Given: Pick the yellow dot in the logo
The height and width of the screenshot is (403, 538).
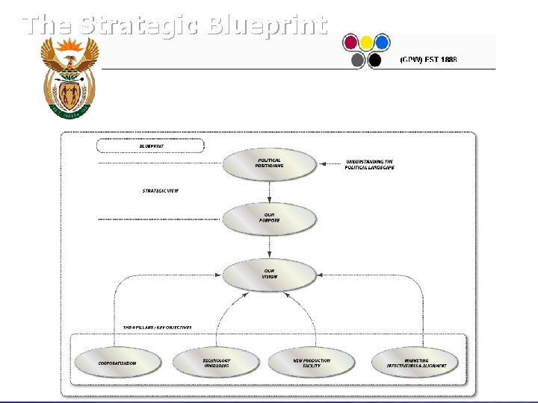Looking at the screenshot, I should click(366, 42).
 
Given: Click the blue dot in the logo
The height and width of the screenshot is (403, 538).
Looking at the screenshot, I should click(382, 42).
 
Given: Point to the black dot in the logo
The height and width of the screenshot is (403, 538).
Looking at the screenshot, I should click(374, 60).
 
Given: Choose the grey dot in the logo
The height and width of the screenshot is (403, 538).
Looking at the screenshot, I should click(358, 60).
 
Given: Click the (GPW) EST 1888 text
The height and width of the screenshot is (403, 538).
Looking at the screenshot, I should click(429, 59).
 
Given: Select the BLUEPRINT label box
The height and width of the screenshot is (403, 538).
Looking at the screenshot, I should click(150, 146).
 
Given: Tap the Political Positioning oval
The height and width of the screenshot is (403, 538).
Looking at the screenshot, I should click(269, 164).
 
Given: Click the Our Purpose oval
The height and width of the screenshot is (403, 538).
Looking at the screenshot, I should click(269, 219).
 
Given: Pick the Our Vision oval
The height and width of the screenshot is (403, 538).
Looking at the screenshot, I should click(269, 274).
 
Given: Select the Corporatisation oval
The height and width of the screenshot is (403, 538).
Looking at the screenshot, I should click(118, 363).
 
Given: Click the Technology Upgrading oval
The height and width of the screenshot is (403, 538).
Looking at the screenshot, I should click(217, 363).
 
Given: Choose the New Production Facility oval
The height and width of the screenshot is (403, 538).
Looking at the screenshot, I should click(312, 363).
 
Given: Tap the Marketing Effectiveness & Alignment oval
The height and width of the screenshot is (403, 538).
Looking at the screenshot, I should click(416, 363).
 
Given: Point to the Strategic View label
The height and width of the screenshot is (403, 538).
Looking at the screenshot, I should click(161, 190).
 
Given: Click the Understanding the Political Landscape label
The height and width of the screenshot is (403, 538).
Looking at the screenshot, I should click(369, 164).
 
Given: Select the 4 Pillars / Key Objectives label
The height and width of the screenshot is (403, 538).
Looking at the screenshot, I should click(158, 328).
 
